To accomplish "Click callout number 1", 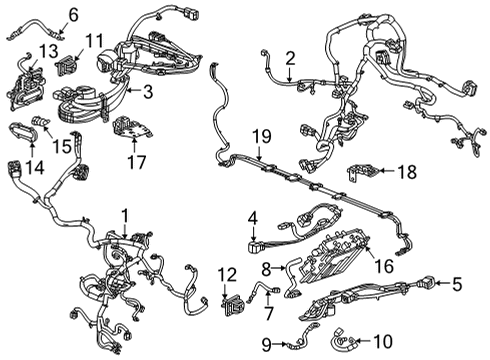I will [125, 214].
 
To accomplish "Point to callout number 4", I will [254, 217].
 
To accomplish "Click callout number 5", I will [458, 283].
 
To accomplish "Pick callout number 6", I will [72, 14].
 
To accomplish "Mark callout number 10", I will [385, 343].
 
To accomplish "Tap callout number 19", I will [260, 135].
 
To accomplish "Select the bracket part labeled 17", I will [128, 127].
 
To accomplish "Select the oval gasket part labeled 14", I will [21, 129].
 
